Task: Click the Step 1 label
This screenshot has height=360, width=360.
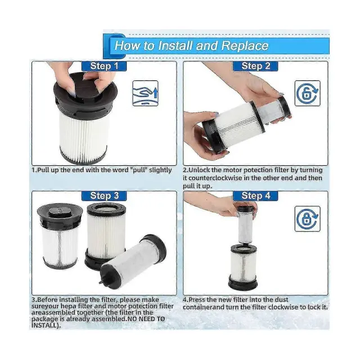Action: (104, 66)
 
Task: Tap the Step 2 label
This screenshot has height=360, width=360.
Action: (255, 66)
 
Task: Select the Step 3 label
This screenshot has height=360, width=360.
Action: (104, 196)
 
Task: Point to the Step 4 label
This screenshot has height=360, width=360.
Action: (255, 196)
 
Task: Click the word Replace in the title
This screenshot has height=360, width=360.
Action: (245, 46)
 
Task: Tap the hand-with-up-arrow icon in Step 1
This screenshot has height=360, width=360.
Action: (145, 93)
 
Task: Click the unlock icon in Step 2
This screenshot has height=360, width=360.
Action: (308, 93)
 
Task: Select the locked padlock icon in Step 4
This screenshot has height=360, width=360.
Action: (308, 219)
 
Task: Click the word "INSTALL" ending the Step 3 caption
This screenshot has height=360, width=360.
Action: (44, 325)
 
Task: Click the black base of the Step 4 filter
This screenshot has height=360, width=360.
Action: (243, 282)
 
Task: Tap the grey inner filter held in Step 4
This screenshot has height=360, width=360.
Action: (246, 224)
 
